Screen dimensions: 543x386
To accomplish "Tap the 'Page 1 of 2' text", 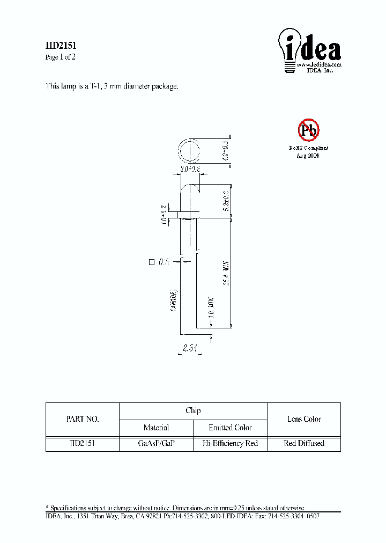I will pyautogui.click(x=60, y=57).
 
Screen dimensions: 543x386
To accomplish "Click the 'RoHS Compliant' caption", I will pyautogui.click(x=308, y=148).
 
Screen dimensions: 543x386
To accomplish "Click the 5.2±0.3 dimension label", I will pyautogui.click(x=225, y=200).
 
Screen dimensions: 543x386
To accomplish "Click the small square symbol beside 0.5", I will pyautogui.click(x=151, y=262).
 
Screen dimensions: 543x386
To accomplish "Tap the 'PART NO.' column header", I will pyautogui.click(x=82, y=420).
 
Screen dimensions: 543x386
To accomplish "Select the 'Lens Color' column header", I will pyautogui.click(x=304, y=419).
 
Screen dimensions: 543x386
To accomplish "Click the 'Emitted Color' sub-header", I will pyautogui.click(x=230, y=428).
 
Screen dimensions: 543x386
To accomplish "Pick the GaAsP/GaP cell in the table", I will pyautogui.click(x=156, y=443).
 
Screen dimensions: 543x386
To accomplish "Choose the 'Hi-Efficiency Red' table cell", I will pyautogui.click(x=230, y=443).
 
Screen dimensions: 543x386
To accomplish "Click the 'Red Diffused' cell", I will pyautogui.click(x=304, y=443).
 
